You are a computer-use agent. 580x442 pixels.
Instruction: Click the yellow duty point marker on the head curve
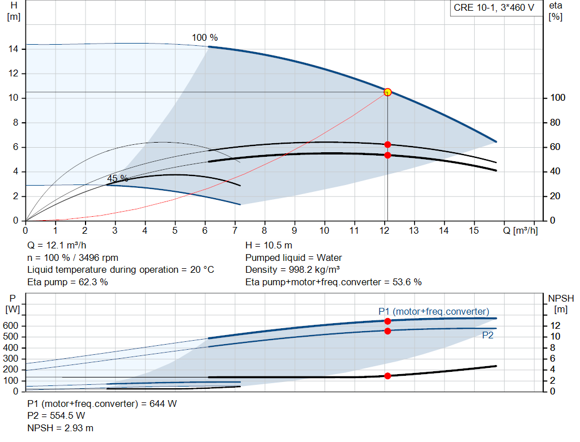[387, 92]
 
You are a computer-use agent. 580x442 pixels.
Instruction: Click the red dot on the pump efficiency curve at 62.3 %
[387, 145]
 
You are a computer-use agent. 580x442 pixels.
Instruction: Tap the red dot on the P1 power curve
[387, 321]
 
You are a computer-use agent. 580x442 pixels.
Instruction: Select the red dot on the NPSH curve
[387, 376]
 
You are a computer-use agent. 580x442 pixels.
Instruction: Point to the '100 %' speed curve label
[204, 38]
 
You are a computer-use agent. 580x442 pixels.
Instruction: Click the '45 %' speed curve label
[117, 178]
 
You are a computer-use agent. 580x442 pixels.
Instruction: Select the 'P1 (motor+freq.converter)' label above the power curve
[433, 311]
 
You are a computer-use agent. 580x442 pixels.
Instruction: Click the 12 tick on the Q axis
[384, 230]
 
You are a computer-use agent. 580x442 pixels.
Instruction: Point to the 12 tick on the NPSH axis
[556, 326]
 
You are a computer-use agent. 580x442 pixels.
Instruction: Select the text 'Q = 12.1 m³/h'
[58, 246]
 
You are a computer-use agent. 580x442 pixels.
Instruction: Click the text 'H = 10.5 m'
[268, 246]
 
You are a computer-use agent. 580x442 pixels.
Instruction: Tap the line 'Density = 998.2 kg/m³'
[293, 270]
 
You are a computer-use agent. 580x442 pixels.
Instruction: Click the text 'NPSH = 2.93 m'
[61, 428]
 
